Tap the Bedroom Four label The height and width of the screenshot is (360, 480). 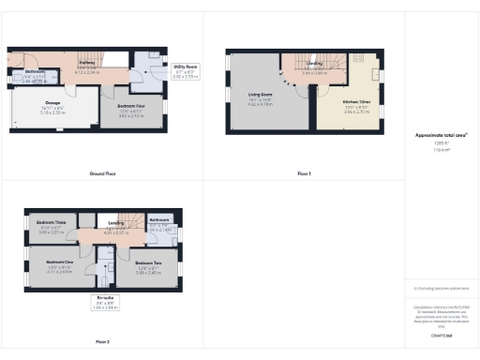click(x=131, y=112)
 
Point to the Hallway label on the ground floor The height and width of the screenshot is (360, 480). click(x=86, y=63)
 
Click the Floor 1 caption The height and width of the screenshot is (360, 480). click(x=303, y=174)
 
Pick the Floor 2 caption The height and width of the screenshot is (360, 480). click(x=102, y=342)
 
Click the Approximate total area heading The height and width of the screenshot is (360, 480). click(x=441, y=135)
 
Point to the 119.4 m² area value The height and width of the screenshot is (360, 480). click(x=441, y=150)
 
